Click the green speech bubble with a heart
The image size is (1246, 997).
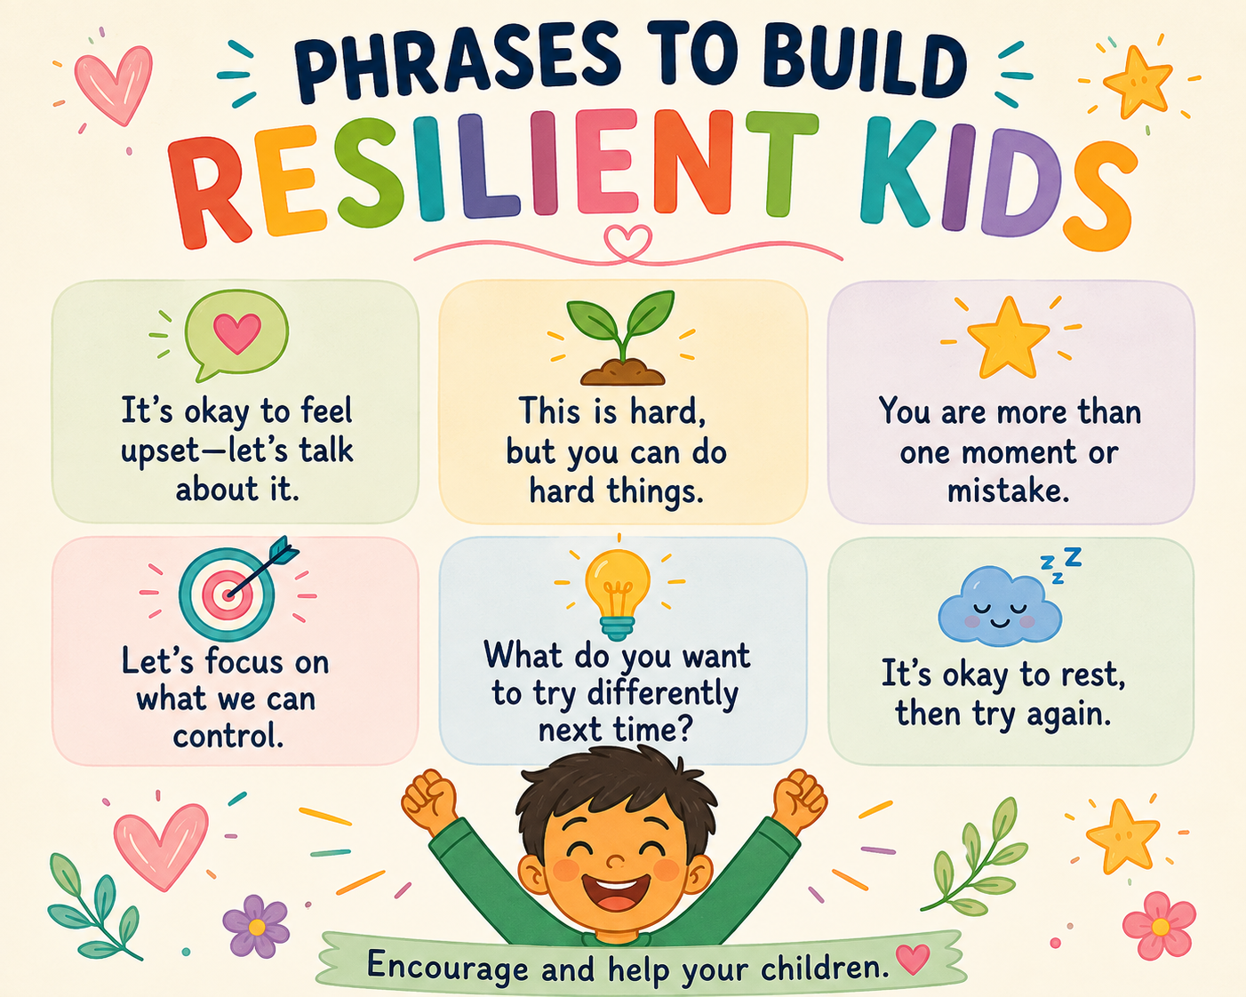coord(236,334)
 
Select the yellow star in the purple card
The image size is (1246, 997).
coord(1009,337)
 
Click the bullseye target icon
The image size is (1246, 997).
coord(232,591)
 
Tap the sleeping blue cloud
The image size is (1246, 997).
coord(1001,605)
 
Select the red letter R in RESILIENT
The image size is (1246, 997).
coord(210,192)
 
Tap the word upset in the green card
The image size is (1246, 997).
coord(160,452)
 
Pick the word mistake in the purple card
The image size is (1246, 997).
coord(1008,491)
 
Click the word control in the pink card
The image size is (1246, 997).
coord(228,736)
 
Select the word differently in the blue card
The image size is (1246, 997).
coord(663,694)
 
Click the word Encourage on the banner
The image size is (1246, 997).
coord(448,966)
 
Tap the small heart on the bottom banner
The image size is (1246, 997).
coord(913,958)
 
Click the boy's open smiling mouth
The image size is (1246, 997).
coord(616,893)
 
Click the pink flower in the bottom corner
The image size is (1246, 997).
coord(1160,926)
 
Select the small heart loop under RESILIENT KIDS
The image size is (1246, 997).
coord(627,243)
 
